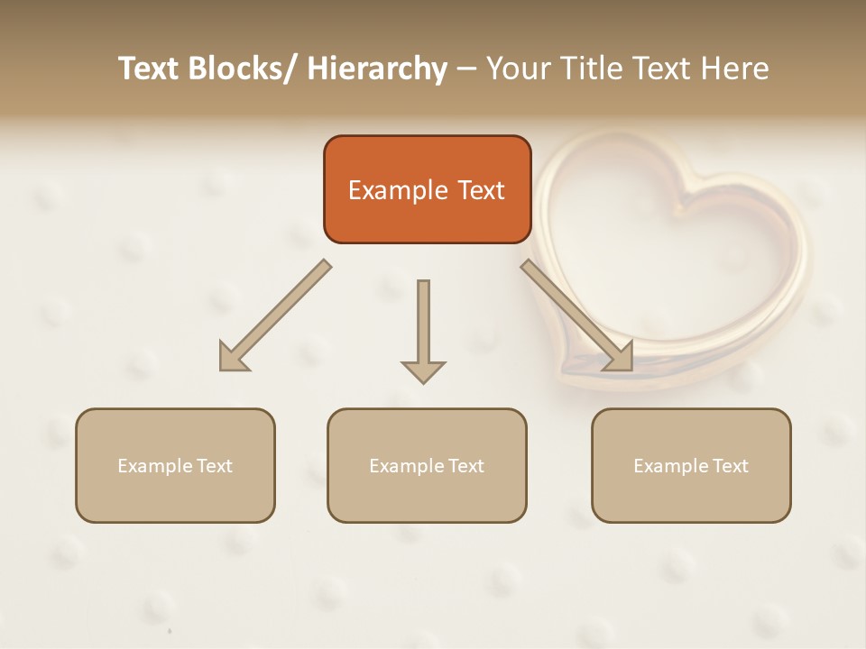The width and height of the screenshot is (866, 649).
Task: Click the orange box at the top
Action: pyautogui.click(x=427, y=189)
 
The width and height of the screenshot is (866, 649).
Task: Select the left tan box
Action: pyautogui.click(x=175, y=465)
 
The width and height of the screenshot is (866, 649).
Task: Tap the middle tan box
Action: pyautogui.click(x=427, y=465)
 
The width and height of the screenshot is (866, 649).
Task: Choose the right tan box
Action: pyautogui.click(x=691, y=465)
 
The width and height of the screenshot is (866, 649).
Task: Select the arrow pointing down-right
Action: pyautogui.click(x=577, y=315)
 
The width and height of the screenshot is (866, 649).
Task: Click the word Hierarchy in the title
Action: pyautogui.click(x=377, y=69)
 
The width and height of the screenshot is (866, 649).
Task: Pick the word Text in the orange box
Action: pyautogui.click(x=482, y=190)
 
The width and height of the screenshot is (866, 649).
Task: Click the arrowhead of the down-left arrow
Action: pyautogui.click(x=233, y=357)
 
